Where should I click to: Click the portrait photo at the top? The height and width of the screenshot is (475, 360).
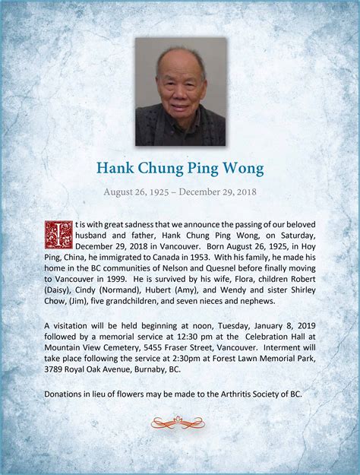[x=181, y=92]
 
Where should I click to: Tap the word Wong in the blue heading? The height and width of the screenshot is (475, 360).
[x=243, y=169]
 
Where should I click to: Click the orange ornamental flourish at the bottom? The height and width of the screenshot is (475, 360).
[x=178, y=422]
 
